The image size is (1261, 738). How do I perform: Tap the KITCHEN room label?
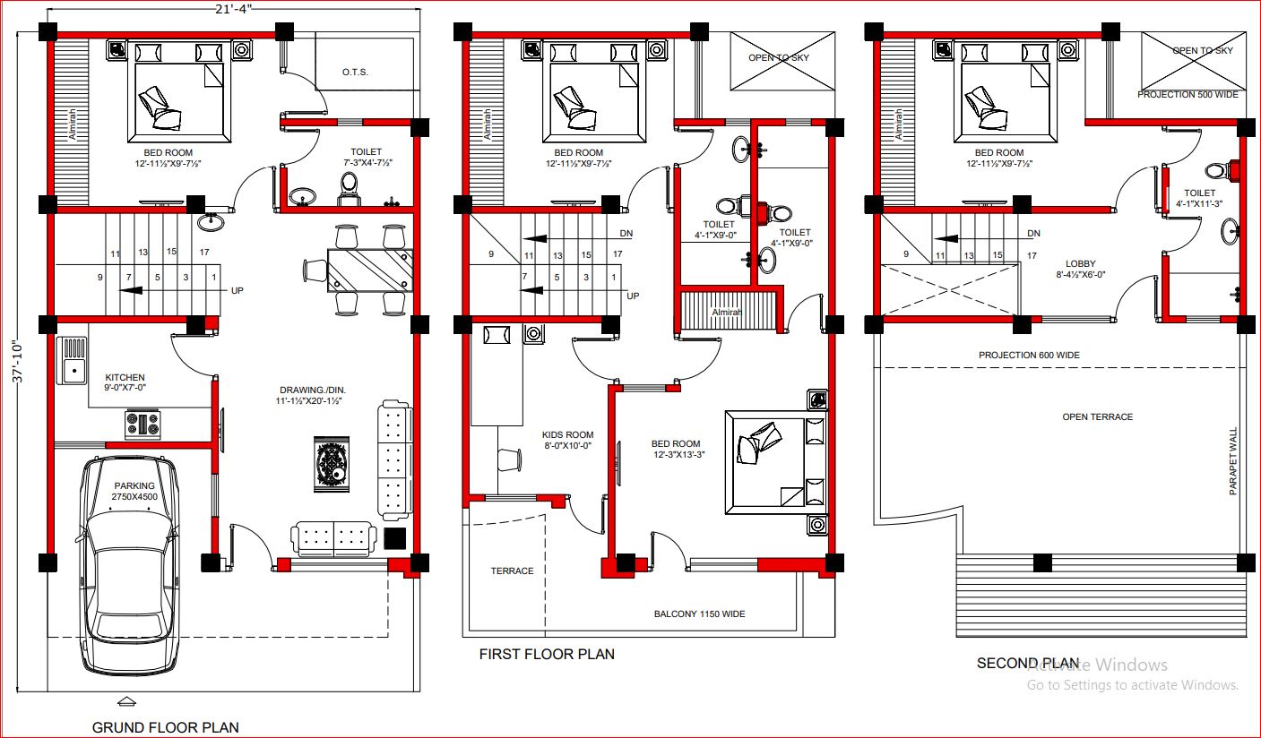point(125,378)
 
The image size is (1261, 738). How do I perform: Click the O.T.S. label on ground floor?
point(355,73)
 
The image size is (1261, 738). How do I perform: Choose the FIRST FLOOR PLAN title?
point(547,655)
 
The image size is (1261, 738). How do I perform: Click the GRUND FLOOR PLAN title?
point(165,727)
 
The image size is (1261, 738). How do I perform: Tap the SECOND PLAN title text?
point(1028,664)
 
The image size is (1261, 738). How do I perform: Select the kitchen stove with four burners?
point(143,424)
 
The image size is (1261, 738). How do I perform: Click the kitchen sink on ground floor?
point(72,359)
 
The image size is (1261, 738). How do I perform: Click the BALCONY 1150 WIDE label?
point(699,614)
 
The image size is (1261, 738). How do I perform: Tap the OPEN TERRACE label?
point(1097,417)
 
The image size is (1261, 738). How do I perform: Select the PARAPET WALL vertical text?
point(1233,460)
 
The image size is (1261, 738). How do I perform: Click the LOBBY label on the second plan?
point(1080,264)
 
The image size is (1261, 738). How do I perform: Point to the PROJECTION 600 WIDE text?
point(1029,356)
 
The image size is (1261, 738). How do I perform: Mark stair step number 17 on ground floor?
point(204,253)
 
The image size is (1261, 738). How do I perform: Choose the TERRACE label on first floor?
point(512,571)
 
